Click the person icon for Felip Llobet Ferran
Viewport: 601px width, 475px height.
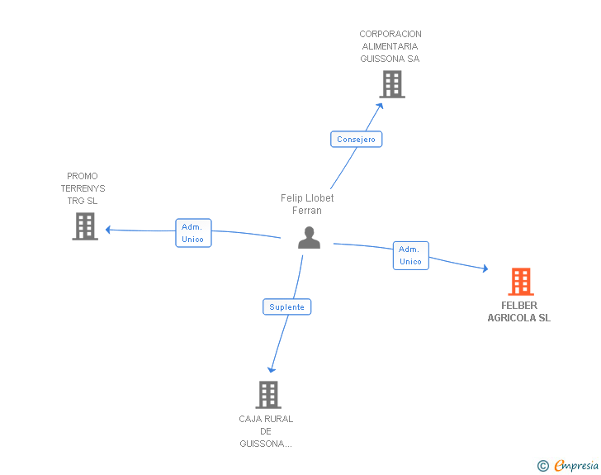(x=309, y=238)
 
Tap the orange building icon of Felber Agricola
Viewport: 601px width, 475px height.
(x=521, y=282)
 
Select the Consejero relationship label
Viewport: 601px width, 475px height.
(x=356, y=140)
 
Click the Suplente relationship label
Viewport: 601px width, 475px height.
(x=286, y=307)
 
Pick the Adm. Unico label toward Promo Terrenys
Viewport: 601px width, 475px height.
(x=193, y=233)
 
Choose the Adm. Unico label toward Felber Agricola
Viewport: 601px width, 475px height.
(x=410, y=255)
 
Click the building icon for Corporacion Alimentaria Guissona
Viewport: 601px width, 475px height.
(x=392, y=84)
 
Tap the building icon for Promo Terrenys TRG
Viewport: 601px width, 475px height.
(x=85, y=226)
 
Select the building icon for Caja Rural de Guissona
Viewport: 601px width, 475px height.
(x=268, y=395)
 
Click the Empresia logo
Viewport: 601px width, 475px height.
(x=576, y=465)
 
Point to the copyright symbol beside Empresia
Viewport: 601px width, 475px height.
(x=542, y=466)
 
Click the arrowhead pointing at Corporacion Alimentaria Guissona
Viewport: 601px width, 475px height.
(x=380, y=106)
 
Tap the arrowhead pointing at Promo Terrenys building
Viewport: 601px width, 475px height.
(x=108, y=230)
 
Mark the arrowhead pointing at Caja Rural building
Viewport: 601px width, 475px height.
(x=272, y=369)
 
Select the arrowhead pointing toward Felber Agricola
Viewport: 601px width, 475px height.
(x=485, y=268)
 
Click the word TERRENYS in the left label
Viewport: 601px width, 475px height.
(x=83, y=188)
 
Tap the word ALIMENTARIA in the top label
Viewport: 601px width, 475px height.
(x=390, y=46)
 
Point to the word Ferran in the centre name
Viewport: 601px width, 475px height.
(x=307, y=211)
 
